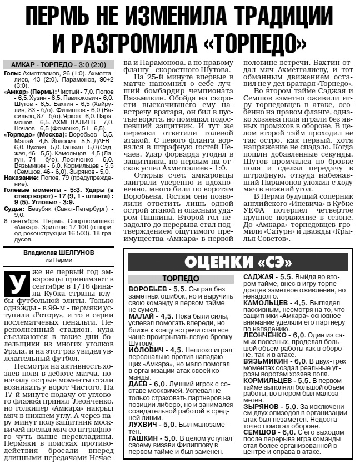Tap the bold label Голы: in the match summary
click(13, 73)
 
